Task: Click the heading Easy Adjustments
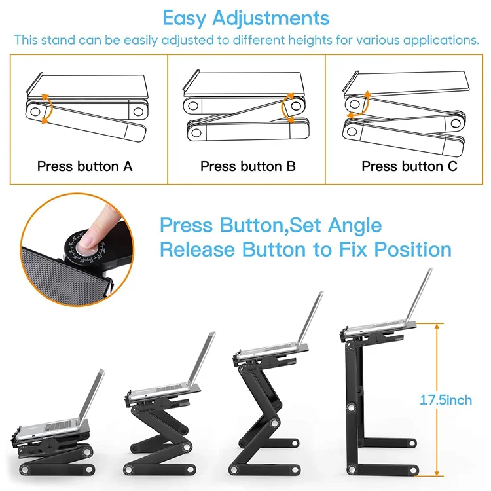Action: pos(245,18)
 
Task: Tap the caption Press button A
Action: pos(85,166)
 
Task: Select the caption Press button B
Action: pos(248,166)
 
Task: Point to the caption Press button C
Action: pos(410,166)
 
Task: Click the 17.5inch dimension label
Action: pos(446,400)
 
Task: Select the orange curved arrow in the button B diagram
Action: pos(283,108)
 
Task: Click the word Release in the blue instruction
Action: pos(197,249)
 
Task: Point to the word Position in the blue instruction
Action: pos(412,249)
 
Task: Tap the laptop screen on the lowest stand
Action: pos(92,396)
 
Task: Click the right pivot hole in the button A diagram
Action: pos(138,111)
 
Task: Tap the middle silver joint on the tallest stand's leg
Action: pos(351,408)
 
